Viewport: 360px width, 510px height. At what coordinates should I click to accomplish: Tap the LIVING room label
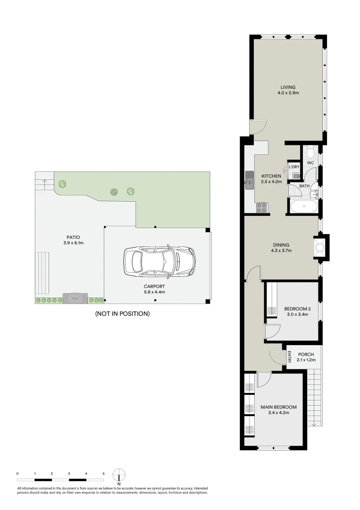click(288, 87)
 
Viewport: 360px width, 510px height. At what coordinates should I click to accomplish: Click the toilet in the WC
click(310, 152)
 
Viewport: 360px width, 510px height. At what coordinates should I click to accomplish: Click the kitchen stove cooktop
click(261, 207)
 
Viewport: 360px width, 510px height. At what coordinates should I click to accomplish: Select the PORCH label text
click(304, 355)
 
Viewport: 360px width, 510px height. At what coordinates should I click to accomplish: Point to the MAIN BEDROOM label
click(278, 407)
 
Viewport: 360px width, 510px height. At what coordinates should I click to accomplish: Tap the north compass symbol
click(119, 475)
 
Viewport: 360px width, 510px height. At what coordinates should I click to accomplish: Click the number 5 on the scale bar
click(103, 473)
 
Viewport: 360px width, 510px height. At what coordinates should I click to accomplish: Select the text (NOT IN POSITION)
click(122, 314)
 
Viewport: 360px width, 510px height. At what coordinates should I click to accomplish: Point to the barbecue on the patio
click(74, 298)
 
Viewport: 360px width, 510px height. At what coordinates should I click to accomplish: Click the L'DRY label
click(294, 167)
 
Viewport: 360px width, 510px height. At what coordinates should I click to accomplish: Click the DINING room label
click(281, 245)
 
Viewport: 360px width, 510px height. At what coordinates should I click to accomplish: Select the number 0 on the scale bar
click(17, 473)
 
